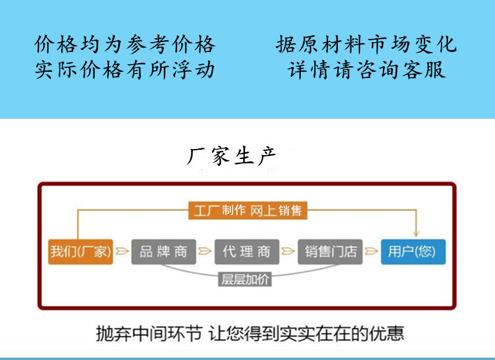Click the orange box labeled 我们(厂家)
(80, 251)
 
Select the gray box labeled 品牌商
(163, 251)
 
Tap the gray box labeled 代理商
(246, 251)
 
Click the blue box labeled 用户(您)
(413, 251)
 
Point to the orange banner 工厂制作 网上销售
(247, 210)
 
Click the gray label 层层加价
(246, 279)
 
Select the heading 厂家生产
(231, 155)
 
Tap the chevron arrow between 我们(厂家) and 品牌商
(122, 251)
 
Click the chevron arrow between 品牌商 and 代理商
(205, 251)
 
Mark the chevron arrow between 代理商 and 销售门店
(288, 251)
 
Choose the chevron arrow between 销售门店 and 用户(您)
(371, 251)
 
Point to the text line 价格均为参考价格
(125, 45)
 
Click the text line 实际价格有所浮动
(125, 69)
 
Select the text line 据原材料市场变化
(366, 45)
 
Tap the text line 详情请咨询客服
(366, 69)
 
